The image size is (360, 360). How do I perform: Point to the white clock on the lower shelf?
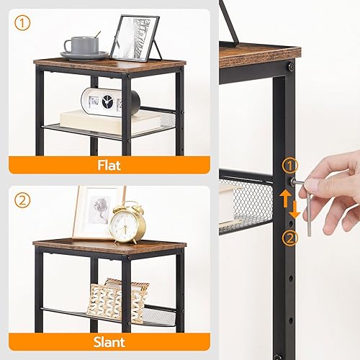102,100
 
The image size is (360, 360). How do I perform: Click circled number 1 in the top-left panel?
24,23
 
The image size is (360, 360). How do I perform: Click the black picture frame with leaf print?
136,39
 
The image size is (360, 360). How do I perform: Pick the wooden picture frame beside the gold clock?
96,212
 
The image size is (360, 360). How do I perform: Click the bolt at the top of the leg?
291,66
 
